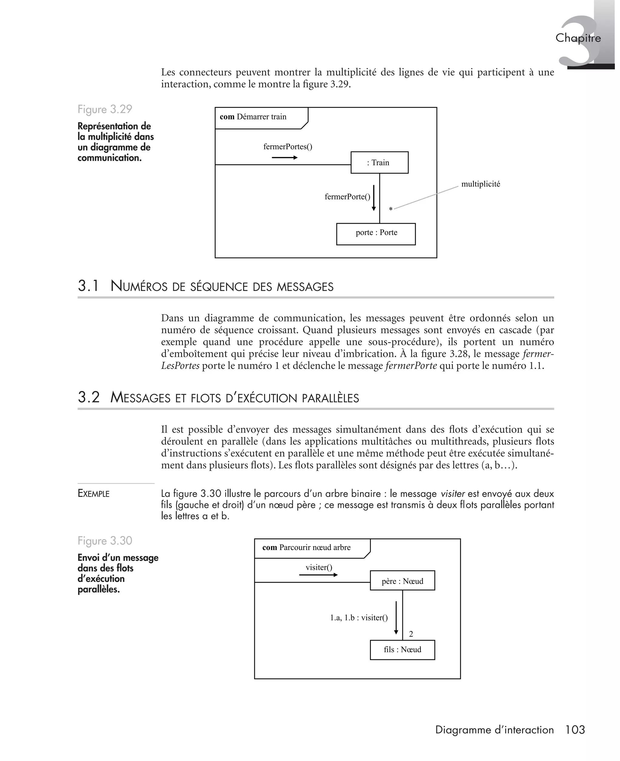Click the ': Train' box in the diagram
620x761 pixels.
379,163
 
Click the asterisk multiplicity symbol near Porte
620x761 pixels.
391,209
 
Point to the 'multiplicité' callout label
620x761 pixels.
480,184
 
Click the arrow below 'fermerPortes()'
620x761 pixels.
285,157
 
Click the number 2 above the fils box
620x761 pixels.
411,634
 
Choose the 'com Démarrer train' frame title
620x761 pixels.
253,117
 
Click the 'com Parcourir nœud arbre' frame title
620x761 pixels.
306,548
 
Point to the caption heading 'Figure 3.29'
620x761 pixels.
105,109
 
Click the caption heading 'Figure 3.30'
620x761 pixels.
105,541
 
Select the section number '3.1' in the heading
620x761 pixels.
88,286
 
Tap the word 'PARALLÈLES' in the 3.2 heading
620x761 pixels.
330,398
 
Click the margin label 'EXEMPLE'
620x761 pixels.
94,494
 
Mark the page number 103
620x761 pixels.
575,729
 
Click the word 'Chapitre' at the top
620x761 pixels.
578,38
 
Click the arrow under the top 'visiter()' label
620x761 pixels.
318,575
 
